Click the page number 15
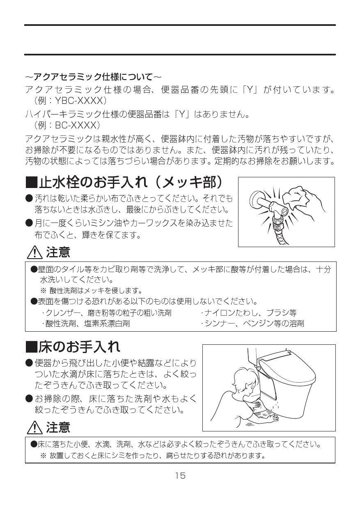click(180, 476)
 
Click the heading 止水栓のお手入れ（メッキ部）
click(131, 182)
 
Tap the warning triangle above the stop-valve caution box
click(34, 252)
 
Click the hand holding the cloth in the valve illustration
click(304, 199)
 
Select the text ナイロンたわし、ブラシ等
click(249, 313)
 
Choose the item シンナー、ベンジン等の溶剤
click(253, 323)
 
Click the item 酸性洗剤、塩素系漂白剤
click(86, 323)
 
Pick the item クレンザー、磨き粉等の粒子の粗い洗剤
click(107, 313)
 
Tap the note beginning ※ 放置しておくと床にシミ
click(152, 456)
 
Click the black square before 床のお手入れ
click(31, 347)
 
